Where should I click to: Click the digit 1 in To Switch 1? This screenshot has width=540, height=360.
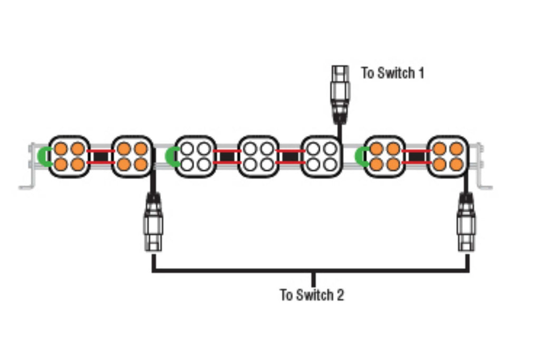pyautogui.click(x=421, y=73)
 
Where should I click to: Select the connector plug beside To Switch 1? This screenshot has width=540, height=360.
pyautogui.click(x=340, y=95)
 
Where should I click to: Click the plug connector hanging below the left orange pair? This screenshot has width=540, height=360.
pyautogui.click(x=153, y=222)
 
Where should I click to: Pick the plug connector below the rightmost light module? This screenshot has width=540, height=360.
pyautogui.click(x=466, y=222)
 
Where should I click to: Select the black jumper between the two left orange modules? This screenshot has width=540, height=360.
pyautogui.click(x=101, y=157)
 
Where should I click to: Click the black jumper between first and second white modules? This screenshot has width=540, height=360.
pyautogui.click(x=227, y=157)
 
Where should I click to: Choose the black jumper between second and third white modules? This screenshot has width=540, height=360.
pyautogui.click(x=291, y=157)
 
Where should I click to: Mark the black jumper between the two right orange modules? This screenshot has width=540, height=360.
pyautogui.click(x=417, y=157)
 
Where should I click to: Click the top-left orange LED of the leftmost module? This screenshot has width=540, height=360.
pyautogui.click(x=61, y=149)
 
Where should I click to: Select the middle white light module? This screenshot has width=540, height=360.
pyautogui.click(x=258, y=157)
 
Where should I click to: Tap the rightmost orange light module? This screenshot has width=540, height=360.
pyautogui.click(x=448, y=157)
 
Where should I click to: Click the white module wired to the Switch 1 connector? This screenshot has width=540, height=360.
pyautogui.click(x=322, y=157)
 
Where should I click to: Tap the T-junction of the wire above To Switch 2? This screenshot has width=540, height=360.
pyautogui.click(x=313, y=271)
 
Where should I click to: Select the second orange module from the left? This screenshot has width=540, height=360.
pyautogui.click(x=132, y=157)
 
